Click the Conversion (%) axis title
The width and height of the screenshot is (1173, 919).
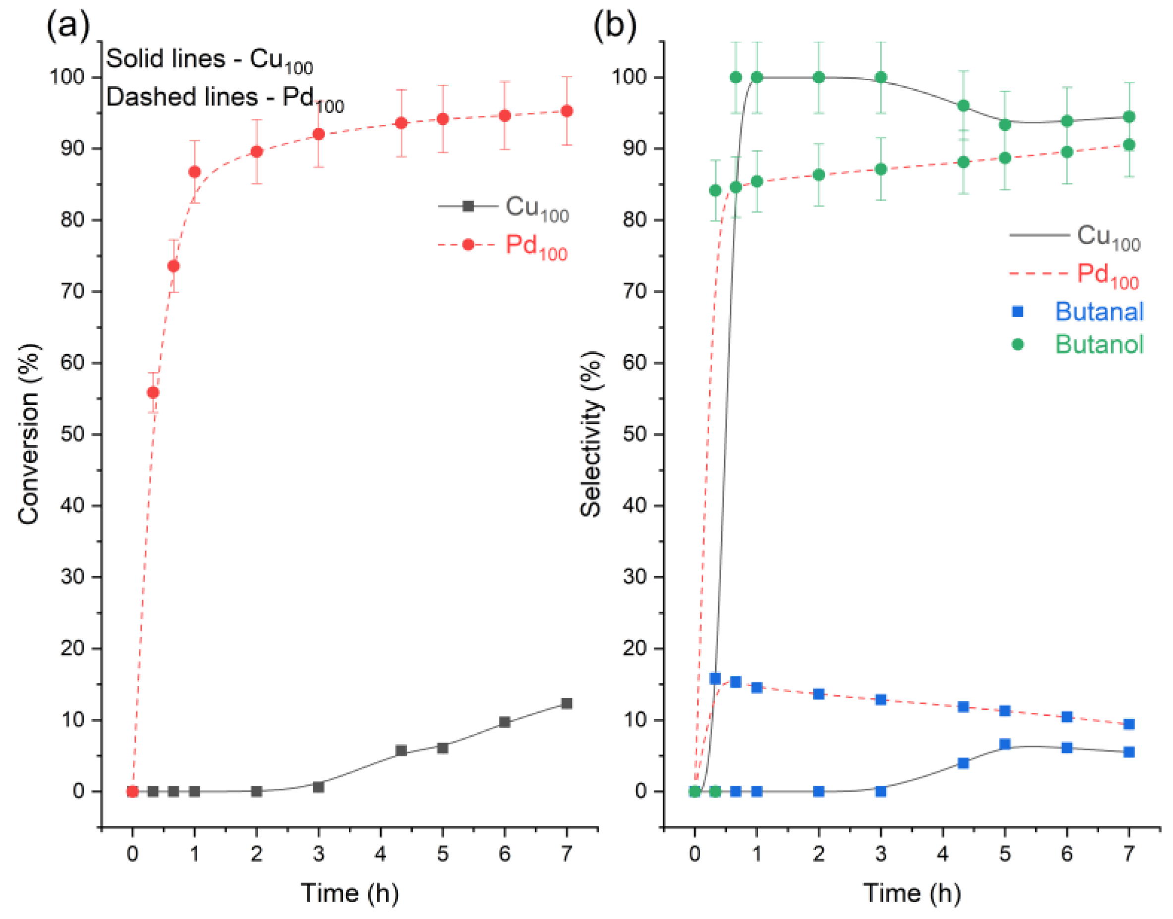point(29,433)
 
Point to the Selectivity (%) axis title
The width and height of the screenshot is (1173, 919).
point(591,433)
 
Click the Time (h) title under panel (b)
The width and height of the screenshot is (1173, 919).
point(912,893)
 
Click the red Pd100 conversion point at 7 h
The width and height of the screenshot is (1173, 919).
point(566,111)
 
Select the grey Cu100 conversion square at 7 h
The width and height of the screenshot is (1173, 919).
point(566,704)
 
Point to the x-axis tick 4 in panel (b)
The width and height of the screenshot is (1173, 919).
point(943,854)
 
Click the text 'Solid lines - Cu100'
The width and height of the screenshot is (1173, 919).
point(209,59)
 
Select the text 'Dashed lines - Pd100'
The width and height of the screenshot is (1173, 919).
point(224,99)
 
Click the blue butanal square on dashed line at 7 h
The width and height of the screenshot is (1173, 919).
point(1129,724)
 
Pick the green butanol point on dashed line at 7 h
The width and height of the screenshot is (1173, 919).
point(1129,145)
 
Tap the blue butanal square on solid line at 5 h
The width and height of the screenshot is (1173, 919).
point(1005,744)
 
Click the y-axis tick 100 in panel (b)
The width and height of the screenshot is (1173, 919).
point(628,77)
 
